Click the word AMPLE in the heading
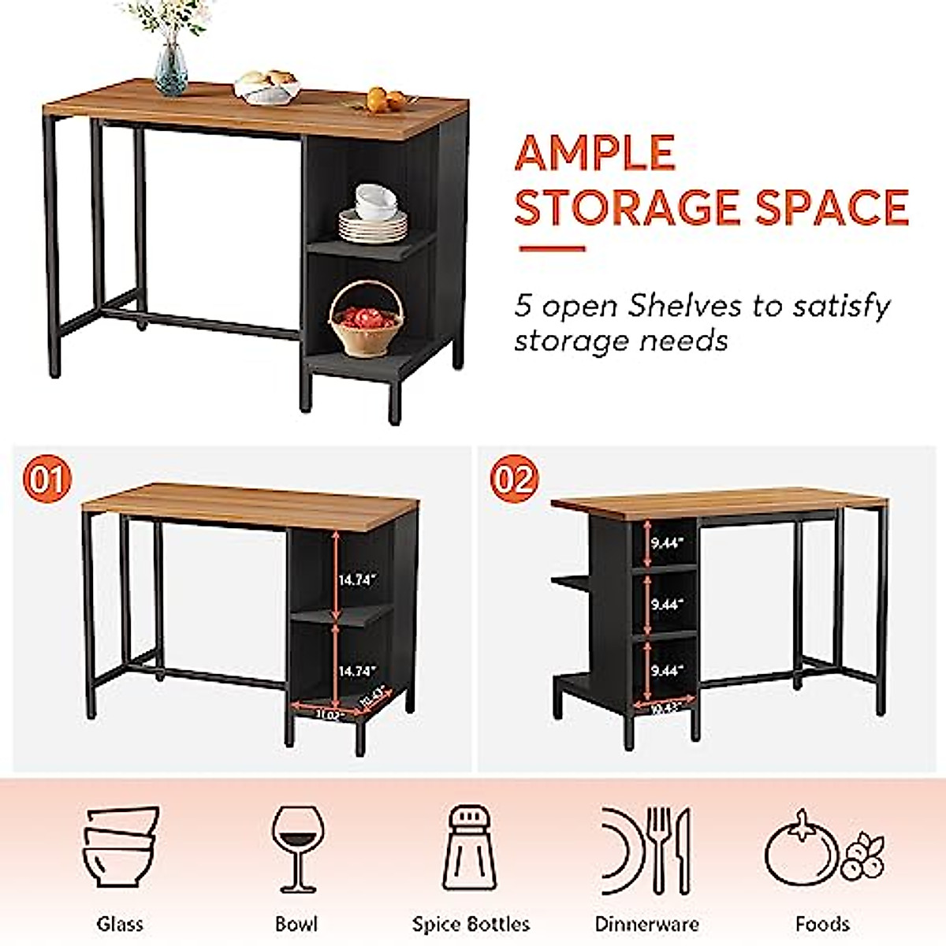(x=595, y=154)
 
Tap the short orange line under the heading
(x=552, y=249)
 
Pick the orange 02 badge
(x=513, y=479)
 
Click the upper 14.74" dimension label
(x=358, y=579)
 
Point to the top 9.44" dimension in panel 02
(x=667, y=542)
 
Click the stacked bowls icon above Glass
(x=121, y=848)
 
